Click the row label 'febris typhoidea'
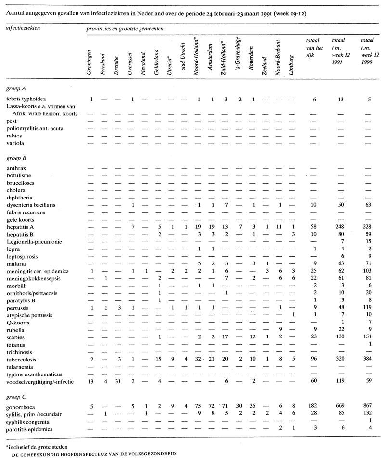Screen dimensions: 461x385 26,99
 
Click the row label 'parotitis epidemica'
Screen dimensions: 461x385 29,429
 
